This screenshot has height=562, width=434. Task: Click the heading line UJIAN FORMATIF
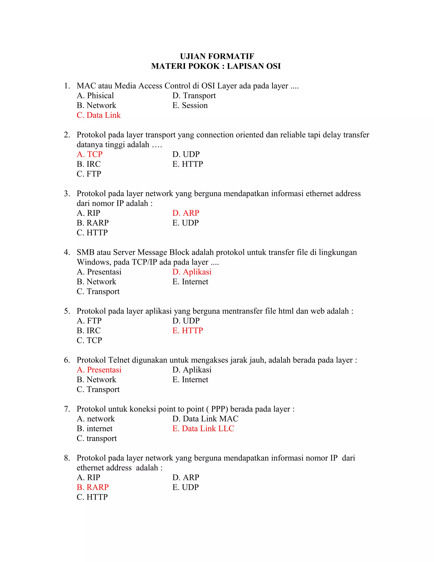click(217, 56)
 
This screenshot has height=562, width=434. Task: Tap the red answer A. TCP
click(89, 154)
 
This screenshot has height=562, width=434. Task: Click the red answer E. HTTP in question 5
click(188, 330)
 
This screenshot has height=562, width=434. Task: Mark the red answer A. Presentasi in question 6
click(99, 370)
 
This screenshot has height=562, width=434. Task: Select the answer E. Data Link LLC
click(203, 428)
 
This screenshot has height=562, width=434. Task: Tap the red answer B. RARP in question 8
click(93, 487)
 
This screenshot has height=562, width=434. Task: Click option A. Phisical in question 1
click(95, 95)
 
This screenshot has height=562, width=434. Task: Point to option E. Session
click(190, 105)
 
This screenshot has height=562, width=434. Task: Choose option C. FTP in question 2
click(89, 174)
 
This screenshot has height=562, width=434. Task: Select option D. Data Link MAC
click(205, 419)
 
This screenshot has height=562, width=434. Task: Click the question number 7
click(67, 409)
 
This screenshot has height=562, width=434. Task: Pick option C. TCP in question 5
click(89, 340)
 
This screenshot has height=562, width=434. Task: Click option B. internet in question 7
click(94, 428)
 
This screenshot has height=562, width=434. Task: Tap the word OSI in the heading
click(273, 66)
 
